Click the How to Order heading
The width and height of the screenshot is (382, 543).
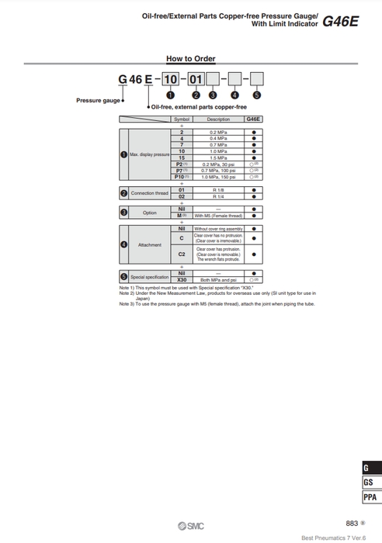coord(191,59)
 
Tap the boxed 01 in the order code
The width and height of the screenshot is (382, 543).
coord(196,79)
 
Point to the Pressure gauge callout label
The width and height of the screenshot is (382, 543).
coord(98,100)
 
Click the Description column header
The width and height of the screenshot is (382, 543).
coord(218,119)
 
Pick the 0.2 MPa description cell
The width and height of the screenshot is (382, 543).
coord(218,133)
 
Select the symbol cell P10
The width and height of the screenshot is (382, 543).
coord(181,177)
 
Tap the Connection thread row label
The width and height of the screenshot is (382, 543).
coord(149,193)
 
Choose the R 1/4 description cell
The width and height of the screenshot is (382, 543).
coord(218,196)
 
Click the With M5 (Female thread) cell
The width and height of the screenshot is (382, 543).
coord(218,215)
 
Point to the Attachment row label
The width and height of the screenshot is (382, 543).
coord(149,245)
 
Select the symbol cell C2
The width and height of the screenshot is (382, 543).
coord(181,254)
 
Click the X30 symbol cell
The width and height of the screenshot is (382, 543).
coord(181,279)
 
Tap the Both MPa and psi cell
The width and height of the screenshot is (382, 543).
coord(218,279)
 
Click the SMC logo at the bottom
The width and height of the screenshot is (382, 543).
coord(191,526)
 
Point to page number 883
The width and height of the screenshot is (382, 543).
coord(352,524)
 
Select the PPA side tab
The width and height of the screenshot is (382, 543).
coord(370,497)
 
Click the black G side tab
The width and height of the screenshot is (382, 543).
coord(370,468)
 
